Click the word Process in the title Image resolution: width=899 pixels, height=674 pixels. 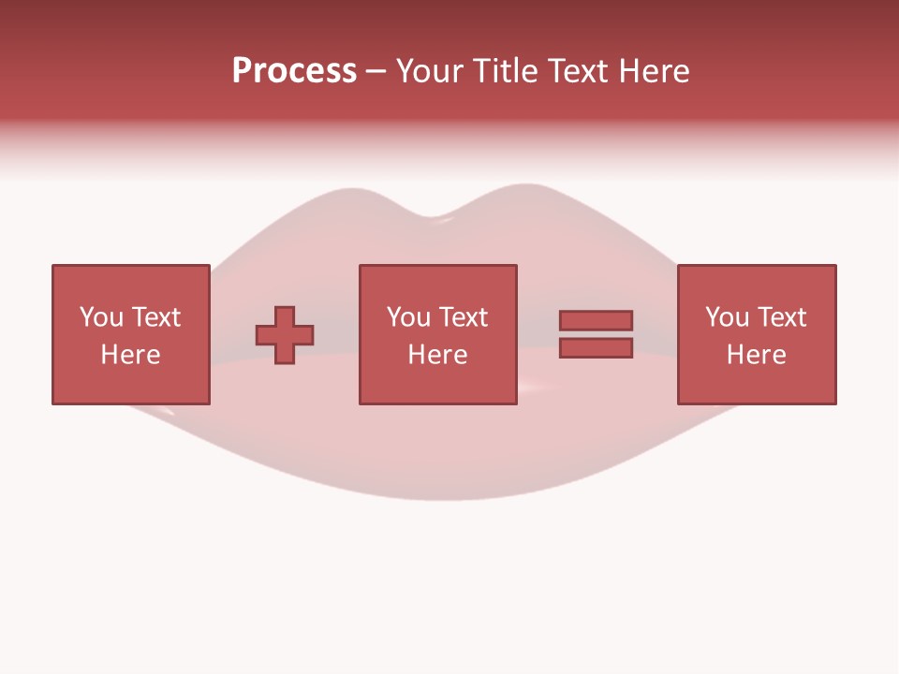(x=294, y=71)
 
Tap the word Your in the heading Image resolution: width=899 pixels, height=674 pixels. (x=430, y=71)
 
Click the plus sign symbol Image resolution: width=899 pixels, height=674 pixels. (x=285, y=335)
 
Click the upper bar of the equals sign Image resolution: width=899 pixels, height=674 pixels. (x=596, y=320)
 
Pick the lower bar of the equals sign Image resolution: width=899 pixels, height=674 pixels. (x=596, y=348)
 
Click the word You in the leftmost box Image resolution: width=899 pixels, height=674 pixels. (x=101, y=317)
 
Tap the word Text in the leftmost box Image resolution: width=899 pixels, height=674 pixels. (x=155, y=317)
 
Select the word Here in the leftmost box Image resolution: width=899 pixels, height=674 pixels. (x=130, y=355)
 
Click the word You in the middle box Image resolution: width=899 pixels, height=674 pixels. (x=408, y=317)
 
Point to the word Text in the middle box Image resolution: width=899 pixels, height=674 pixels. (x=463, y=317)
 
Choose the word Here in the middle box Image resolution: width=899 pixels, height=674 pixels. (x=437, y=355)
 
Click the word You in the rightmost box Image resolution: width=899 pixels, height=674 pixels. (x=727, y=317)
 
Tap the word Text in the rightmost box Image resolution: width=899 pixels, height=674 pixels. (x=781, y=317)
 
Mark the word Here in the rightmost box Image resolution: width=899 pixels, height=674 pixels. (x=756, y=355)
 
